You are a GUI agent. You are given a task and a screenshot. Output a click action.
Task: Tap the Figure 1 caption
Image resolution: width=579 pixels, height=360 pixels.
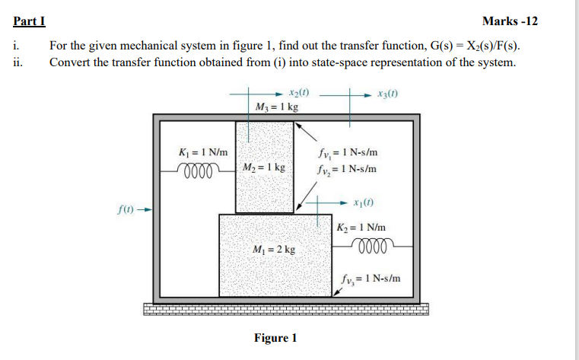pos(275,337)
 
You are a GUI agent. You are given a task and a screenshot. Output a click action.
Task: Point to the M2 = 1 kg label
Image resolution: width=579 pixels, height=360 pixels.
pos(265,166)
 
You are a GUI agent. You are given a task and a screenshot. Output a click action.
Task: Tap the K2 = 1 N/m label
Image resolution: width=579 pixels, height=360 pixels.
pos(362,228)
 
